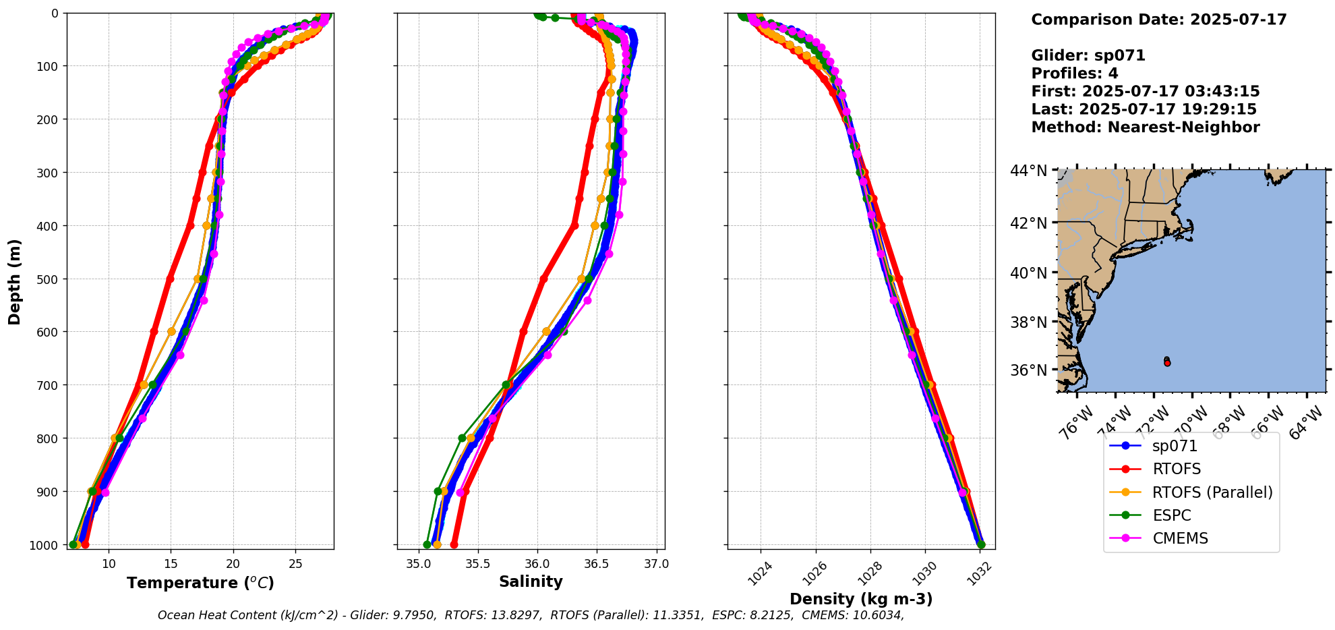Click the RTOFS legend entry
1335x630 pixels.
pyautogui.click(x=1176, y=469)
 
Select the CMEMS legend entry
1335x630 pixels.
pyautogui.click(x=1179, y=538)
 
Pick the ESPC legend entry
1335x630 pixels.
pyautogui.click(x=1171, y=515)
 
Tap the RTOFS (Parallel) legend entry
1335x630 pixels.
pyautogui.click(x=1212, y=492)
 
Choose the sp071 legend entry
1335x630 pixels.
pyautogui.click(x=1175, y=446)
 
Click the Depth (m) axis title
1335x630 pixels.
pyautogui.click(x=15, y=281)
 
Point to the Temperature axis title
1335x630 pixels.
pyautogui.click(x=200, y=583)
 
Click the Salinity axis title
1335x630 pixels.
pyautogui.click(x=531, y=581)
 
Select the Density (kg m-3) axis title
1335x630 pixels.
pyautogui.click(x=861, y=599)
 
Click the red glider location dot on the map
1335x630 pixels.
pyautogui.click(x=1167, y=363)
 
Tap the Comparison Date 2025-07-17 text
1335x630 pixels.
pyautogui.click(x=1158, y=20)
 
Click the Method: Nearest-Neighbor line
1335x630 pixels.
pyautogui.click(x=1145, y=127)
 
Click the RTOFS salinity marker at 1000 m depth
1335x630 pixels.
pyautogui.click(x=454, y=544)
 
